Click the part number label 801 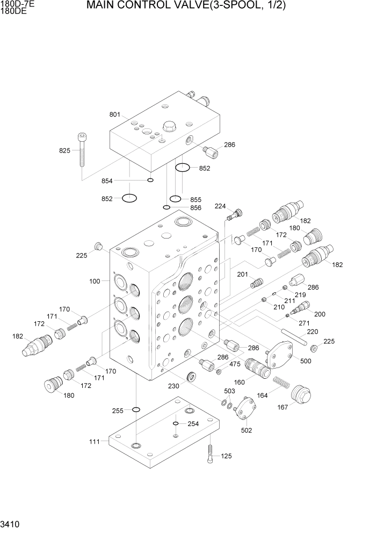115,114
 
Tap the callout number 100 95,281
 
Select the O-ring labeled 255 136,410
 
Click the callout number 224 220,206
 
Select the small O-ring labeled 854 150,180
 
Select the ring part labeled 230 190,378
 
